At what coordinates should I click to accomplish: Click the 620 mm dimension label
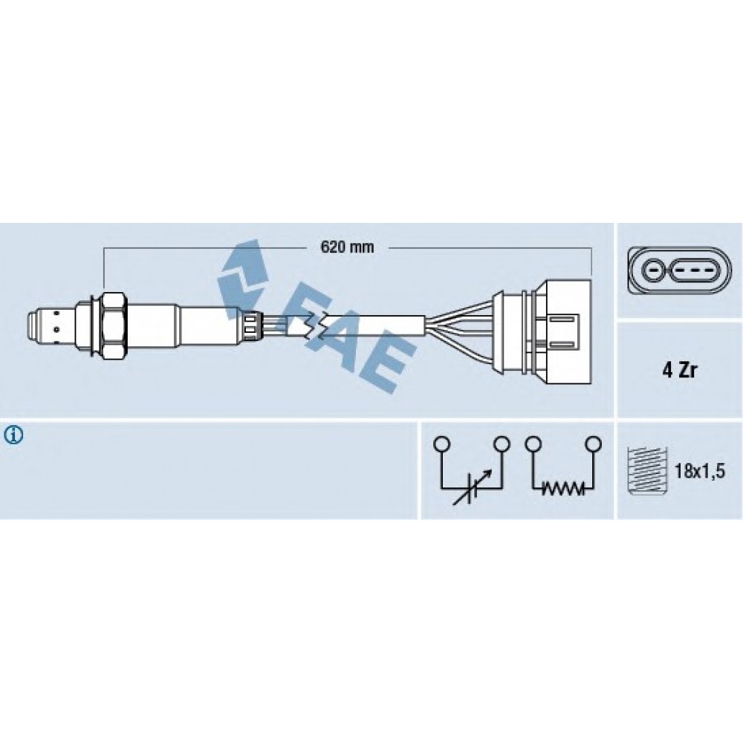click(x=347, y=247)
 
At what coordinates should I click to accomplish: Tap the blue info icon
click(x=13, y=435)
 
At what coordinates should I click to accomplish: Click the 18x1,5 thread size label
click(x=700, y=472)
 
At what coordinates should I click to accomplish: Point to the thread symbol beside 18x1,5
click(x=647, y=470)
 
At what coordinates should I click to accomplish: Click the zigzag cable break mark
click(x=314, y=326)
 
